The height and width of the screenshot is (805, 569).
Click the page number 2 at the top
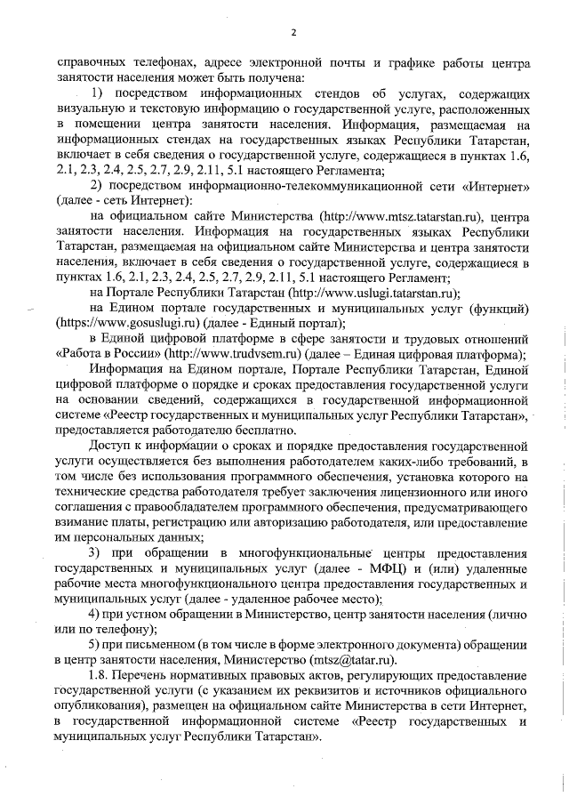coord(292,34)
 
